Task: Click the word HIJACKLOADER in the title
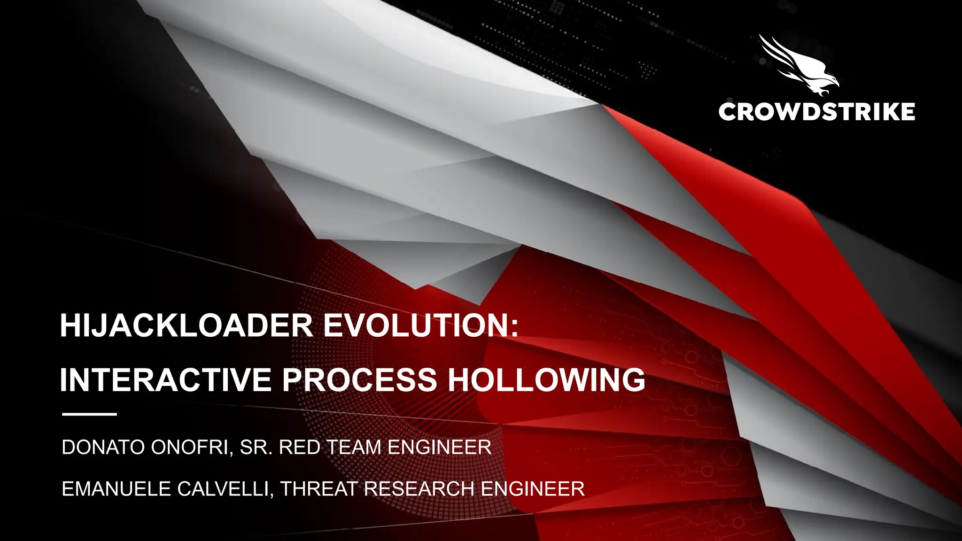point(186,326)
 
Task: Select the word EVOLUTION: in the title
point(421,326)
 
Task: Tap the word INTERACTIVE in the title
point(165,379)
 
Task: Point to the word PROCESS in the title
point(359,379)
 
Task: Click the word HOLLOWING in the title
point(546,379)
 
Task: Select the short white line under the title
point(89,414)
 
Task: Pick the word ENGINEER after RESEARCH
point(533,489)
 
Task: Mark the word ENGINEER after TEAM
point(440,448)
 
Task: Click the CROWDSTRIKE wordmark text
point(816,112)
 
